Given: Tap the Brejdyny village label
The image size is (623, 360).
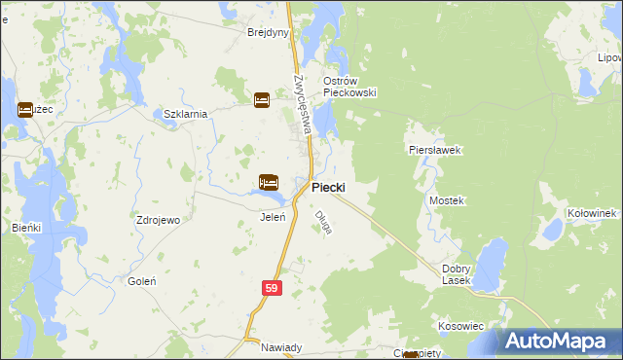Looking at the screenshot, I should (269, 32).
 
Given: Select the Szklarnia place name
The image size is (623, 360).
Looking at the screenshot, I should (185, 114).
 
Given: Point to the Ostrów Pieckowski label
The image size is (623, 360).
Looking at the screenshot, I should (349, 86).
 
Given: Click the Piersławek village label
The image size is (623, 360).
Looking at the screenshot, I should (433, 151).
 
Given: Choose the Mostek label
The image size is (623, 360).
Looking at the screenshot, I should (447, 200).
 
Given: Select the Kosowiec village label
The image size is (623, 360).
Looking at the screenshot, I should (460, 326).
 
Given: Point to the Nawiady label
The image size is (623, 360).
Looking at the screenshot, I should (269, 347).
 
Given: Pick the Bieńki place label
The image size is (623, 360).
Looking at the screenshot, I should (27, 227).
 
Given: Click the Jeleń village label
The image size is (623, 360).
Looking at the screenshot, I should (273, 217).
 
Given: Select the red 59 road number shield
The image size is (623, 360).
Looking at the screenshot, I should (273, 289).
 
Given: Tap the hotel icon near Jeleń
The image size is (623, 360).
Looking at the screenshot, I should (269, 182).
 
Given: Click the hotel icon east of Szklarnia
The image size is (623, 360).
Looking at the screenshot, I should (262, 99).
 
